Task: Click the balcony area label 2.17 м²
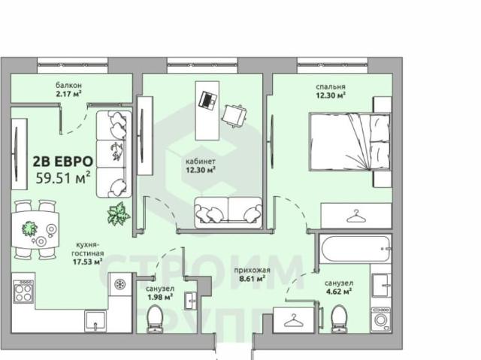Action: click(x=68, y=93)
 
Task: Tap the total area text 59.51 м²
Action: click(x=63, y=177)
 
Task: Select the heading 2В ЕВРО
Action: click(x=63, y=162)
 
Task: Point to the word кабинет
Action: click(x=201, y=162)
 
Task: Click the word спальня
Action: click(x=331, y=86)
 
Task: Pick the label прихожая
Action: click(x=253, y=271)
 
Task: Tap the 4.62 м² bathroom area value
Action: click(x=339, y=292)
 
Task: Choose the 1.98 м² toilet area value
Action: click(x=160, y=297)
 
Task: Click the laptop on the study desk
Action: click(x=208, y=100)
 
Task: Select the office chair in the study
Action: click(x=234, y=116)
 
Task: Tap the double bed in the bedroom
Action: click(x=350, y=141)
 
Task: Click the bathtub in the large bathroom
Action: click(x=355, y=249)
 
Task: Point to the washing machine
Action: click(x=381, y=319)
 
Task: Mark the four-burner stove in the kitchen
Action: click(x=23, y=292)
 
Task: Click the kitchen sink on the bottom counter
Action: click(x=95, y=321)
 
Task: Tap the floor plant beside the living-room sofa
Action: click(x=119, y=213)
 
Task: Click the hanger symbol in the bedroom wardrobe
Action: click(x=356, y=216)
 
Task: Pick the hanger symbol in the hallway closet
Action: click(x=294, y=320)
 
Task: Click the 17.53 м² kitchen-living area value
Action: click(x=87, y=262)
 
